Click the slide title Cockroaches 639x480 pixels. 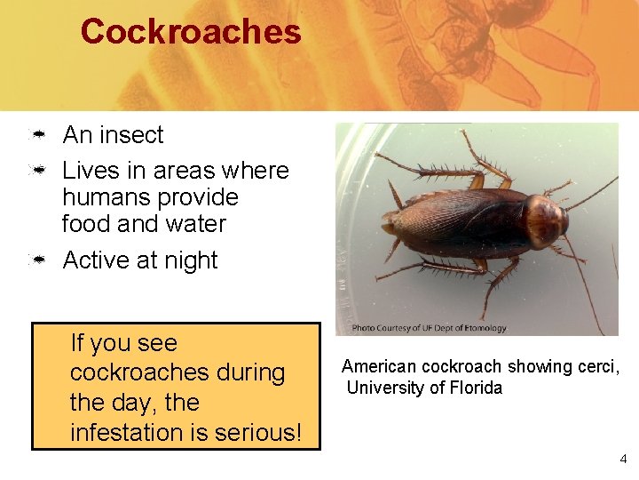coord(191,33)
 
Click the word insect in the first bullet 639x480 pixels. coord(131,135)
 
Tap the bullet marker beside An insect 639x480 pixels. coord(39,136)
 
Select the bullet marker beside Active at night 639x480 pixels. coord(39,261)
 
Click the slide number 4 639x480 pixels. coord(622,460)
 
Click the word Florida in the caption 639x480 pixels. coord(475,388)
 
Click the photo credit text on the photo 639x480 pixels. coord(429,328)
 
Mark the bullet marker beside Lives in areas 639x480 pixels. coord(39,171)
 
